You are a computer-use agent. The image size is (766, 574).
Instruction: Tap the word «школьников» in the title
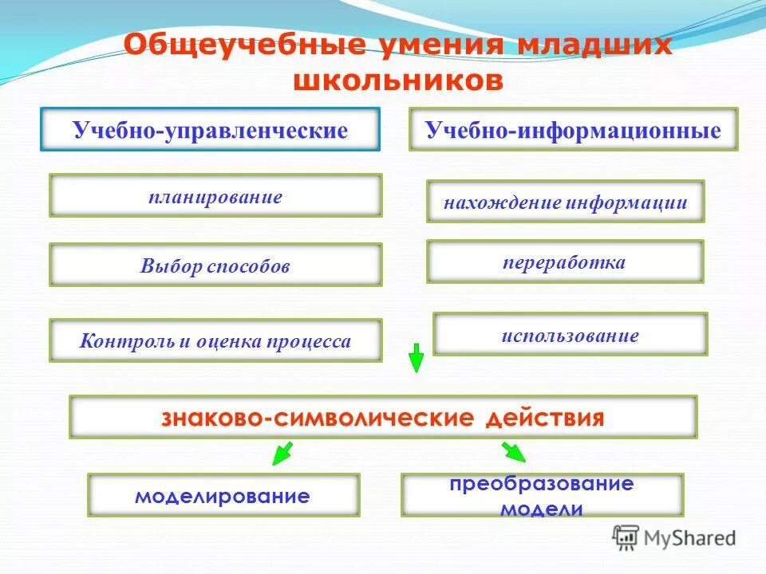[x=399, y=81]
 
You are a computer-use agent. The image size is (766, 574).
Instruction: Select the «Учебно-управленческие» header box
[x=211, y=131]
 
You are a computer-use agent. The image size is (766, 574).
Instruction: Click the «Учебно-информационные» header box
[x=573, y=131]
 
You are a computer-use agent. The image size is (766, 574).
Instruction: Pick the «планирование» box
[x=215, y=196]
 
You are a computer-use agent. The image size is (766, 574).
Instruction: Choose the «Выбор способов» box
[x=215, y=265]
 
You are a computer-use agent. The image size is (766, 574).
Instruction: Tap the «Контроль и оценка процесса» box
[x=215, y=341]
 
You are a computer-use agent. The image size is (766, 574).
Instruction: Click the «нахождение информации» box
[x=565, y=202]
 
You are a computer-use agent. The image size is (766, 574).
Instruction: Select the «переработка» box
[x=565, y=261]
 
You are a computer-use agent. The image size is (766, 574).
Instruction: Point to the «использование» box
[x=570, y=334]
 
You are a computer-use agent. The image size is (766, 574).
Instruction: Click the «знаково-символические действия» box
[x=383, y=417]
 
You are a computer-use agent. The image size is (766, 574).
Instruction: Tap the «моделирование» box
[x=223, y=496]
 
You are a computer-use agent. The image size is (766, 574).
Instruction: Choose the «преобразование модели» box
[x=542, y=496]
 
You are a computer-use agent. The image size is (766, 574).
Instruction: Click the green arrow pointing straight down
[x=415, y=358]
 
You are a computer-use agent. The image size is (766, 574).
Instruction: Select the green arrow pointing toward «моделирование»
[x=281, y=454]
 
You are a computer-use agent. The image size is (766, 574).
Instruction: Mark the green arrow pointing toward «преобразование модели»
[x=513, y=453]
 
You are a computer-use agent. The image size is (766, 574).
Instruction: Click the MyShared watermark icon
[x=626, y=538]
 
